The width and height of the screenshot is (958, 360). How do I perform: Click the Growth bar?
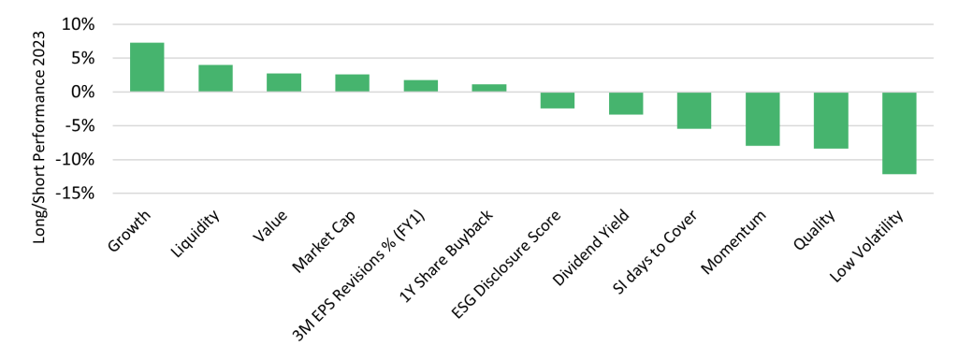tap(147, 67)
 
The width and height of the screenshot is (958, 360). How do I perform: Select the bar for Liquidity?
tap(215, 79)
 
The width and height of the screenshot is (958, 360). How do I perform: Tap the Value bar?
tap(283, 82)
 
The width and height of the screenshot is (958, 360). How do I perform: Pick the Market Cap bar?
tap(352, 83)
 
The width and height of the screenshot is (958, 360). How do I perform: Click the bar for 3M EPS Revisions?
tap(420, 86)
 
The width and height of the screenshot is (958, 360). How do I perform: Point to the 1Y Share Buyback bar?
tap(488, 88)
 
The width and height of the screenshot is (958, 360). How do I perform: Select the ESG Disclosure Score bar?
tap(557, 100)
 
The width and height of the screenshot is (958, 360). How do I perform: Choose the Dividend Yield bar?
tap(626, 103)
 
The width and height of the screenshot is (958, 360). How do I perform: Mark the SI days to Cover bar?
tap(694, 110)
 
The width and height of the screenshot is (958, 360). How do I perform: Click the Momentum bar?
tap(762, 119)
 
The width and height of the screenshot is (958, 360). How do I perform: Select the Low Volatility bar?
tap(899, 133)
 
